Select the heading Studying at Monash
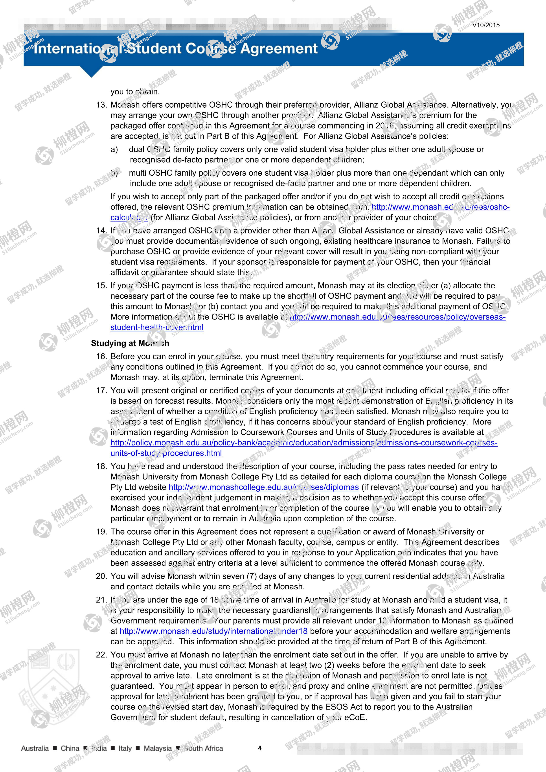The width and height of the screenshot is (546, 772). point(130,343)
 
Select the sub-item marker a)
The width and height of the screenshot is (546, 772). point(114,149)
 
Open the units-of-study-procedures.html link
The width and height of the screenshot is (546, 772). point(166,453)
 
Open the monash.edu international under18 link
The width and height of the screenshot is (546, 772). point(213,631)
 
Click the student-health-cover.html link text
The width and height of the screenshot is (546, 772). point(157,327)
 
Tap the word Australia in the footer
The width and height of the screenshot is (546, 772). point(35,748)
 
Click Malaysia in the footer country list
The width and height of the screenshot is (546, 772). point(157,748)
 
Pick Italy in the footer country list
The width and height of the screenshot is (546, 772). point(125,748)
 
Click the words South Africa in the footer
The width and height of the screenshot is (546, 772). point(203,748)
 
